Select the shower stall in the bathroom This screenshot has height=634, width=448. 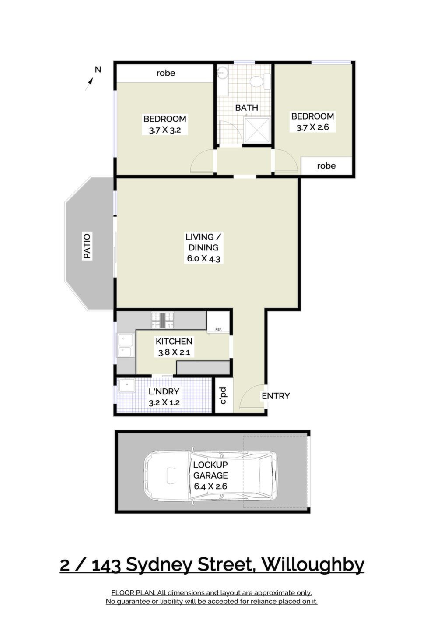tap(256, 130)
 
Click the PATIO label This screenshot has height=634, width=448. tap(87, 246)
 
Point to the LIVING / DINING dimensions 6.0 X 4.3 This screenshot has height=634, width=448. tap(203, 258)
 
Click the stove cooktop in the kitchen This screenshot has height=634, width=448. tap(163, 320)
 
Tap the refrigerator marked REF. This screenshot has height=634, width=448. tap(218, 322)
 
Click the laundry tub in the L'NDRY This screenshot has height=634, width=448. tap(127, 385)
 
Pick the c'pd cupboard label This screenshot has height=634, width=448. tap(224, 395)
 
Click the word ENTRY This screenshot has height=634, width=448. tap(276, 396)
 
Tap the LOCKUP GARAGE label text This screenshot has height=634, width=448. tap(210, 470)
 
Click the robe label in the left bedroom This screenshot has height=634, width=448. tap(166, 73)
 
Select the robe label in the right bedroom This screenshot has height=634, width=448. tap(326, 166)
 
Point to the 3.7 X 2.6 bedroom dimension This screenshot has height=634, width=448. tap(312, 127)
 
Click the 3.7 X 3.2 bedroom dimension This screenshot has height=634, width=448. tap(164, 130)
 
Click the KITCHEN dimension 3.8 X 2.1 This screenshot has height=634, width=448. tap(174, 352)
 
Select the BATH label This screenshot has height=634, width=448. tap(246, 108)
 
